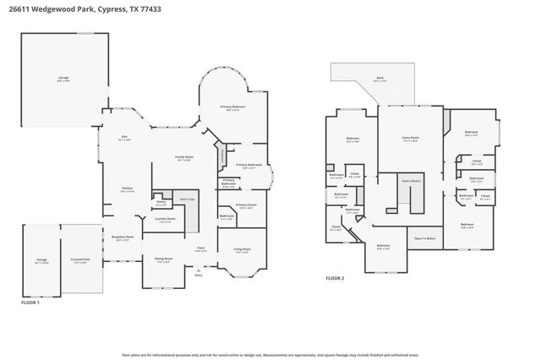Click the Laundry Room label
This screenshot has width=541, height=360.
166,220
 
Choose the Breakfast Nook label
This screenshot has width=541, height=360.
123,238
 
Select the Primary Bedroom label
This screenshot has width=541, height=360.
232,107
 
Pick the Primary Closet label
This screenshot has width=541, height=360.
246,205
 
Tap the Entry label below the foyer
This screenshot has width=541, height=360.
199,275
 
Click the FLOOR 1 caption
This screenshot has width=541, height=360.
30,302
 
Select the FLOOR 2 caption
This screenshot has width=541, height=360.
336,277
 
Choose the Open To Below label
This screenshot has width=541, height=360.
424,238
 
